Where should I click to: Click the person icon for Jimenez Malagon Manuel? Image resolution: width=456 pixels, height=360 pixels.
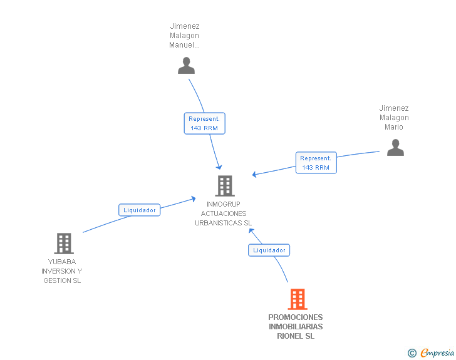(x=186, y=66)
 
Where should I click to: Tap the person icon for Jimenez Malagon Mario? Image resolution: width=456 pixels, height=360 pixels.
(x=395, y=147)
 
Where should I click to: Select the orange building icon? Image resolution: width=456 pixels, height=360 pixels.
(x=298, y=299)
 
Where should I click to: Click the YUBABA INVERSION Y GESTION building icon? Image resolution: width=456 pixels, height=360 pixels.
(x=64, y=244)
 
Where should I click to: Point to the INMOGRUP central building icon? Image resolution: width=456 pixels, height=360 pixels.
(x=225, y=186)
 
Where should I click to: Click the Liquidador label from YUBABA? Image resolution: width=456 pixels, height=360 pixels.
(x=139, y=210)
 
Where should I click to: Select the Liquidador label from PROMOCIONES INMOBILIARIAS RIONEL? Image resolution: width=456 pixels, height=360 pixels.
(x=269, y=250)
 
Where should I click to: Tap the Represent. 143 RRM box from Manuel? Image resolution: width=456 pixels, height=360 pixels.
(x=204, y=123)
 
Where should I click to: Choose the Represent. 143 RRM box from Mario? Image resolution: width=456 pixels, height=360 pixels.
(x=316, y=163)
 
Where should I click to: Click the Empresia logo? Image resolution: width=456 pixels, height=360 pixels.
(x=437, y=352)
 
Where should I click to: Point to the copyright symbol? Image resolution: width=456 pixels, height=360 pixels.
(x=412, y=353)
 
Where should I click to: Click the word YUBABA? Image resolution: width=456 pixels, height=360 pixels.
(x=62, y=262)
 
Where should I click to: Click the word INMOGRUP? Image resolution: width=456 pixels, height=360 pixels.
(x=224, y=204)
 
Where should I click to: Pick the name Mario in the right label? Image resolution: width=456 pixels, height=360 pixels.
(x=394, y=127)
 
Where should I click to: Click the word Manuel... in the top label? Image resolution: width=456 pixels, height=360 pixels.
(x=184, y=45)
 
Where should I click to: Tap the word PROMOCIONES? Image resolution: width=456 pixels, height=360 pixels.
(x=296, y=317)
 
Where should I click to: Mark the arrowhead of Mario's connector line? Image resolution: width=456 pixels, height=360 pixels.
(x=254, y=175)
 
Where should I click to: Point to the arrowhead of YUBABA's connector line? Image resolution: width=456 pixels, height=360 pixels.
(x=194, y=199)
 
